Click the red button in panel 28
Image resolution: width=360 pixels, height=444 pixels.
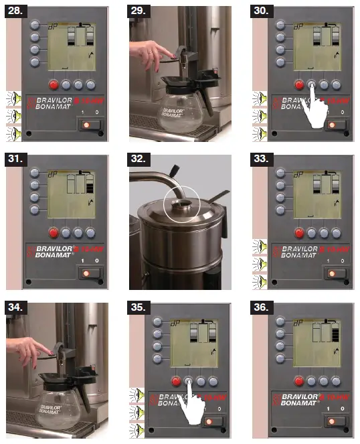[54, 85]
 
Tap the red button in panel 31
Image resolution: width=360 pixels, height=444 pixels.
[54, 233]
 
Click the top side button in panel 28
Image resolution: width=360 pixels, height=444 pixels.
[34, 25]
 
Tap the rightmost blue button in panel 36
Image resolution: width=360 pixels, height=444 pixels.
[336, 381]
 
